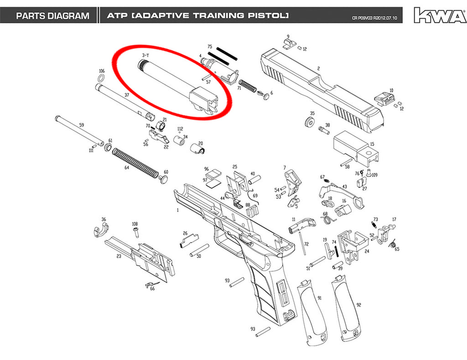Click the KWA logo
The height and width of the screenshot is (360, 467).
(x=440, y=15)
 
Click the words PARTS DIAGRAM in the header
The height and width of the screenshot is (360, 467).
(x=53, y=16)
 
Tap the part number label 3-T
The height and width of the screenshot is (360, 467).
(x=145, y=55)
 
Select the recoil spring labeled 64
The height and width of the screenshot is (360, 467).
(x=136, y=163)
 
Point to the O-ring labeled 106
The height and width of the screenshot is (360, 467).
(x=101, y=78)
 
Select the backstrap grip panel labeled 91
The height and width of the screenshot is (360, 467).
(x=311, y=313)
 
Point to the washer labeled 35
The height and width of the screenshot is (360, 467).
(x=310, y=122)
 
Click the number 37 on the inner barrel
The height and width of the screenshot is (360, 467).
(x=127, y=95)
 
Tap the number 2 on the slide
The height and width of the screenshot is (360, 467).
(x=318, y=68)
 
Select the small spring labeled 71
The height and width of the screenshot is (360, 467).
(x=248, y=86)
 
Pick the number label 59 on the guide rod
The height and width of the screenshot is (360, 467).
(x=81, y=125)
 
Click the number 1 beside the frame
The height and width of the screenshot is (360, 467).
(x=178, y=210)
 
